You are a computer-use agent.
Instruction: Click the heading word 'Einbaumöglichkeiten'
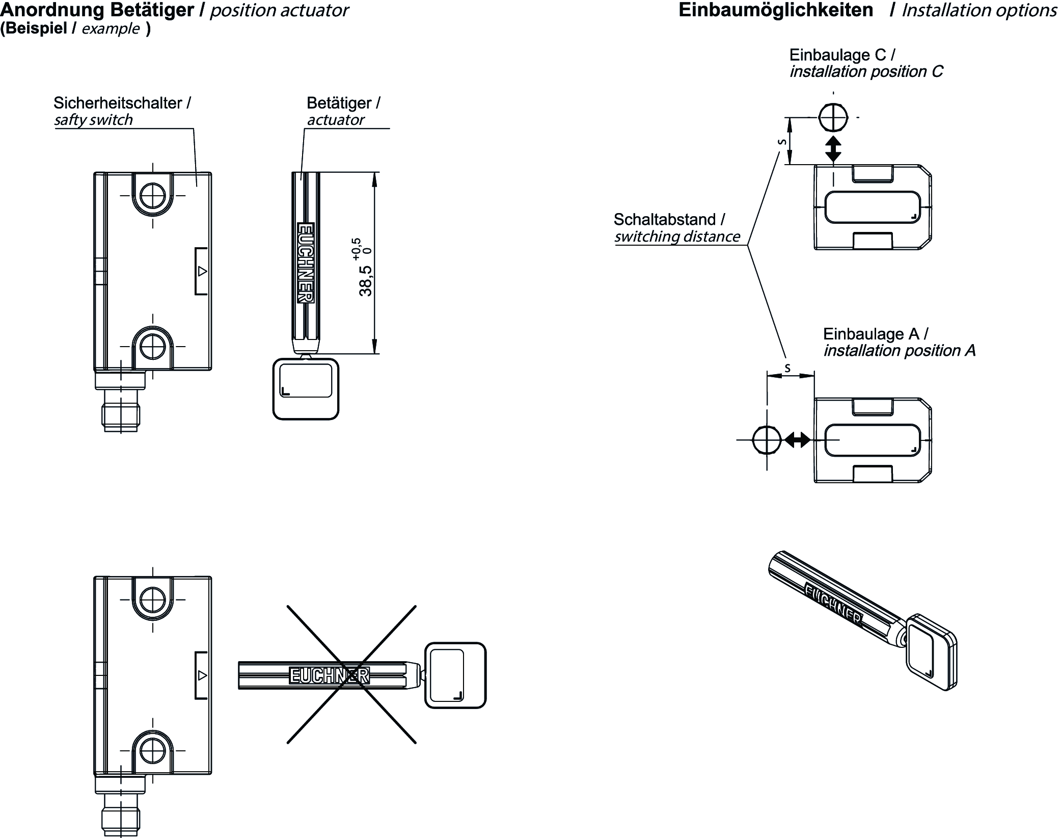click(775, 11)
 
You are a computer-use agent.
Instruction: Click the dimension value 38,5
click(365, 281)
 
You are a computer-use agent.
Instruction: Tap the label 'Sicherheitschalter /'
click(122, 103)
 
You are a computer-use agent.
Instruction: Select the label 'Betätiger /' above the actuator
click(343, 103)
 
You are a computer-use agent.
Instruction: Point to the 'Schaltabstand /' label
click(669, 220)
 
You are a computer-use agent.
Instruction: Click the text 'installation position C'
click(866, 72)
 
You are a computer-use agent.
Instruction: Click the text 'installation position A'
click(899, 351)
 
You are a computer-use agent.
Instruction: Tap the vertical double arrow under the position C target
click(833, 149)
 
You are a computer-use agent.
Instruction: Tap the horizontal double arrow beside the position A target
click(797, 439)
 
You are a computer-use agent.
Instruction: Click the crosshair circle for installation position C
click(833, 118)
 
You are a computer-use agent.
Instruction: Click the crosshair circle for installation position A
click(767, 439)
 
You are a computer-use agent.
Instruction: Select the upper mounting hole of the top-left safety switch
click(152, 196)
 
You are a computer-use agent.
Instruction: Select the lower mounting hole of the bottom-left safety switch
click(152, 751)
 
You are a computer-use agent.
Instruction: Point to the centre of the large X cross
click(351, 674)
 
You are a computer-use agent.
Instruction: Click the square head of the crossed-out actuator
click(455, 675)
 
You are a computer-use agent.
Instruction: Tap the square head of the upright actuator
click(306, 389)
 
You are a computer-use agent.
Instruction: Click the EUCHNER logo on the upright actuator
click(306, 263)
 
